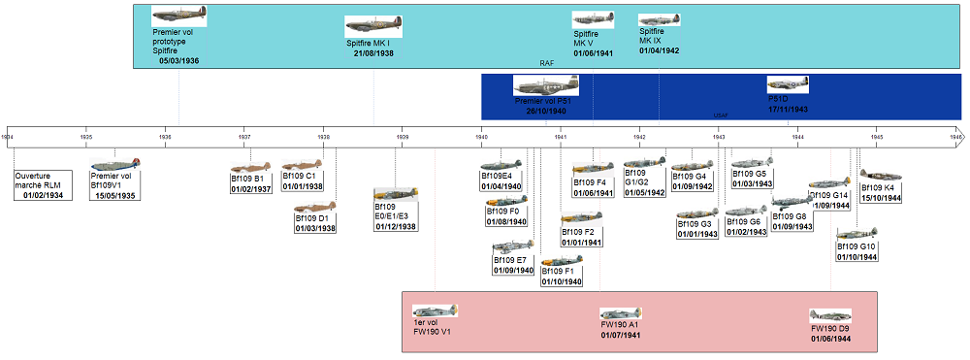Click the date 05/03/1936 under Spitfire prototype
(x=178, y=61)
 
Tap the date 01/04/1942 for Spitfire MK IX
(x=660, y=50)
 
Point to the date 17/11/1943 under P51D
(x=789, y=110)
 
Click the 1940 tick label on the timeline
(x=482, y=138)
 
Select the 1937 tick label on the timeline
(x=244, y=138)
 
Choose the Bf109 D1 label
(x=315, y=218)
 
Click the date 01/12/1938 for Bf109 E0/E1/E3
(x=396, y=226)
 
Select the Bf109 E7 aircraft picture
(x=512, y=247)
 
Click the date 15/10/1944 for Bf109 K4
(x=881, y=198)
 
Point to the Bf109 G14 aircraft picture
(x=829, y=182)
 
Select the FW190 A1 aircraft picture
(x=620, y=314)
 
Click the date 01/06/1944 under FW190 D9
(x=830, y=338)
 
